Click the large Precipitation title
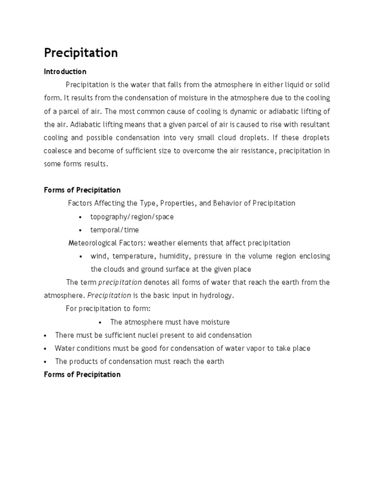(81, 53)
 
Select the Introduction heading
(65, 72)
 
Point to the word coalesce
(59, 151)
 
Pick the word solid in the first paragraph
(321, 85)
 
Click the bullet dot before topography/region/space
(80, 217)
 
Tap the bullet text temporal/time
(114, 230)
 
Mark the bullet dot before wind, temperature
(80, 257)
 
